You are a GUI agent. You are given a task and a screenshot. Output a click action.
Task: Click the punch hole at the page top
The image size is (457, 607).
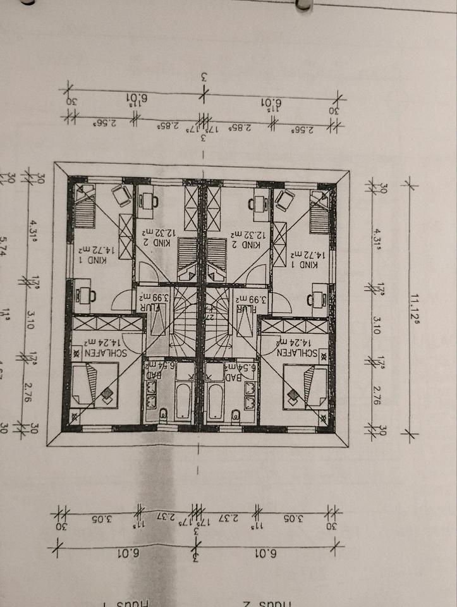point(304,4)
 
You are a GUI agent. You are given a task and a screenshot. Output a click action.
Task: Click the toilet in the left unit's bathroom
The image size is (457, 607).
point(162,414)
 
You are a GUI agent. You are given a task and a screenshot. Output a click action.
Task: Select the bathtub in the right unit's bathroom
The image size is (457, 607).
point(216,398)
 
